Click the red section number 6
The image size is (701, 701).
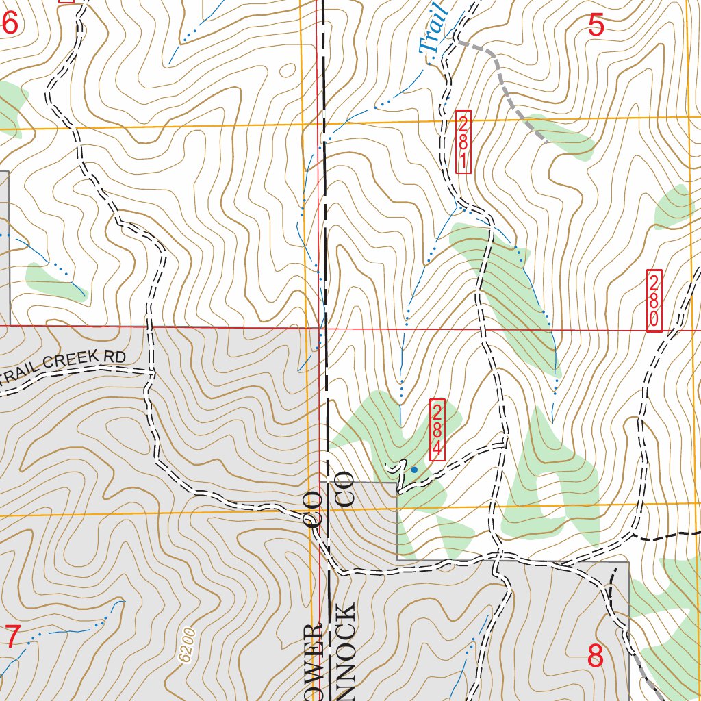coord(10,25)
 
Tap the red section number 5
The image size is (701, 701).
coord(596,26)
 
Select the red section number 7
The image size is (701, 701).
coord(12,637)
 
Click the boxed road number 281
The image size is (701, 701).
coord(463,142)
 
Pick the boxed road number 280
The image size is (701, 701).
coord(654,301)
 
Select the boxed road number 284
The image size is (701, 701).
coord(437,429)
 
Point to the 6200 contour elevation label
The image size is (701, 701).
coord(188,645)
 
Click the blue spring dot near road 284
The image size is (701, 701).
coord(413,470)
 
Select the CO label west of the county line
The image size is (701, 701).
coord(312,507)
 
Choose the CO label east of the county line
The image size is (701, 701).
coord(345,490)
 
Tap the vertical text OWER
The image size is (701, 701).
coord(314,661)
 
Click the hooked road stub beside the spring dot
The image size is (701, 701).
coord(394,468)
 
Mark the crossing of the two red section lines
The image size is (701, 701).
coord(320,328)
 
